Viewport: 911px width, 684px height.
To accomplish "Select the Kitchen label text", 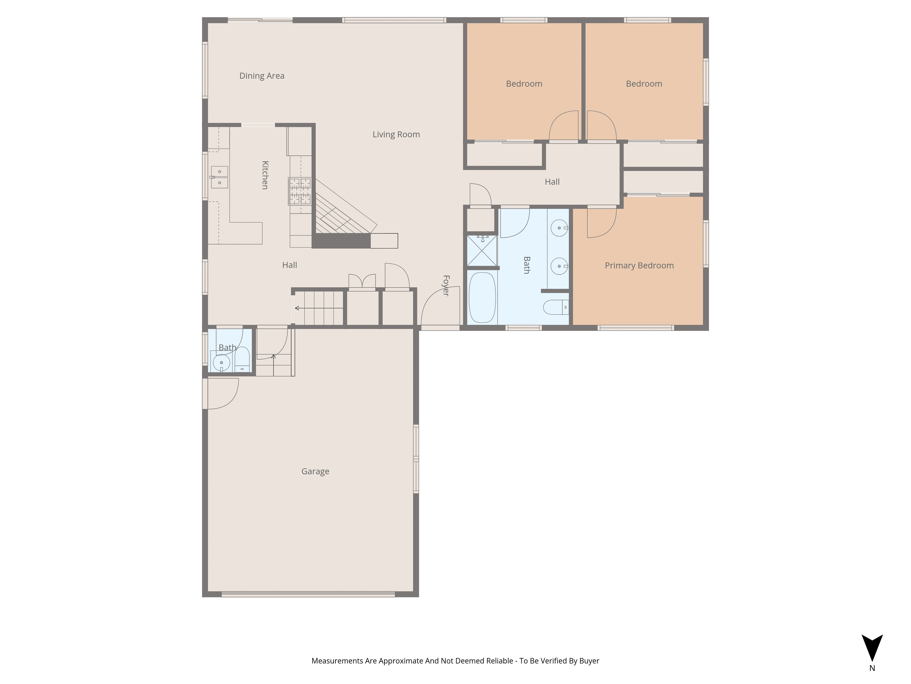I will click(x=265, y=175).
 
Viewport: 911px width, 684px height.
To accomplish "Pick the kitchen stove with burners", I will click(x=300, y=191).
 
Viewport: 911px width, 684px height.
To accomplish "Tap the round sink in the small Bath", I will click(x=222, y=363).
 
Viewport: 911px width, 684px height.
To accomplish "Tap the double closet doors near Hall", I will click(x=362, y=281).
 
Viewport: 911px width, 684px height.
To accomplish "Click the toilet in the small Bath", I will click(x=242, y=359).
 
